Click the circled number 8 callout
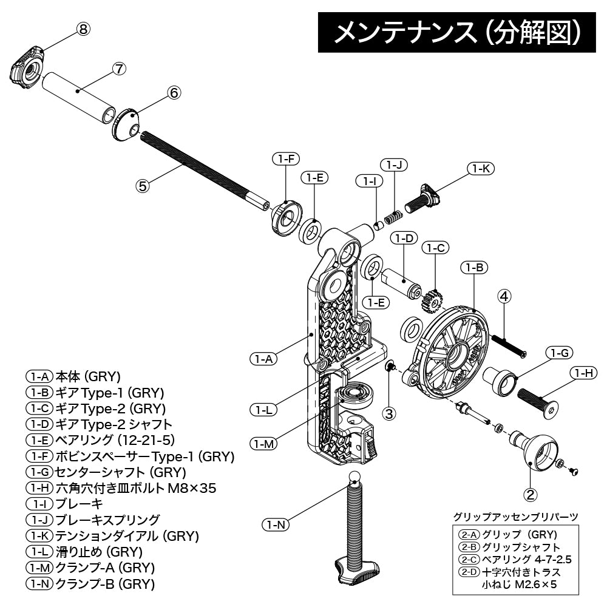pos(84,29)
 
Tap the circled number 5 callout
pos(143,186)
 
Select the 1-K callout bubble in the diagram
pos(480,169)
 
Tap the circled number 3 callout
pos(390,413)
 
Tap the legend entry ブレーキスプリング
pos(107,520)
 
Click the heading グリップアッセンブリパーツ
pos(515,517)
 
